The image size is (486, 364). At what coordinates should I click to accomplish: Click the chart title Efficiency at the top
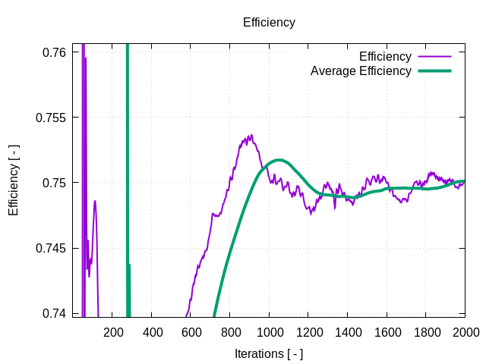pyautogui.click(x=269, y=23)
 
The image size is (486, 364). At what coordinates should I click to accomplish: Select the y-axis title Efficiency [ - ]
pyautogui.click(x=14, y=179)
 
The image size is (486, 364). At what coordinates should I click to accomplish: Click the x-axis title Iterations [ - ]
pyautogui.click(x=269, y=353)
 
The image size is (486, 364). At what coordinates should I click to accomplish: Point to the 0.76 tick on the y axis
pyautogui.click(x=54, y=52)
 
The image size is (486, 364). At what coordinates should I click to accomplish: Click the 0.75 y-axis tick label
pyautogui.click(x=54, y=183)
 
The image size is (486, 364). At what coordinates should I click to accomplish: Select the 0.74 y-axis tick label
pyautogui.click(x=54, y=313)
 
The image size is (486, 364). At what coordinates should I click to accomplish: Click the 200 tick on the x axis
pyautogui.click(x=113, y=332)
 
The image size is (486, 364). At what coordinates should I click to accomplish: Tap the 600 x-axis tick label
pyautogui.click(x=191, y=332)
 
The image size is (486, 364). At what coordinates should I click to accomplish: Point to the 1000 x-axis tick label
pyautogui.click(x=270, y=332)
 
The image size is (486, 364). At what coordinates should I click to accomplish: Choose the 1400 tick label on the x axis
pyautogui.click(x=348, y=332)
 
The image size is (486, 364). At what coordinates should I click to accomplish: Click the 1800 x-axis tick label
pyautogui.click(x=426, y=332)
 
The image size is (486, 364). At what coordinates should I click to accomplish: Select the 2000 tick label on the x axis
pyautogui.click(x=465, y=332)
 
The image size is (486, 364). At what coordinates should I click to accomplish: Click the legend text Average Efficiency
pyautogui.click(x=361, y=71)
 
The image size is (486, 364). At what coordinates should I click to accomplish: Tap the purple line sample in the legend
pyautogui.click(x=434, y=57)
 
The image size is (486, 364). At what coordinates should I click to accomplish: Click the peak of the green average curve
pyautogui.click(x=279, y=160)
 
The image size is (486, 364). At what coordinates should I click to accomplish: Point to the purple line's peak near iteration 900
pyautogui.click(x=250, y=136)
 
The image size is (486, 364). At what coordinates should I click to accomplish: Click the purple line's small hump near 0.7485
pyautogui.click(x=95, y=201)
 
